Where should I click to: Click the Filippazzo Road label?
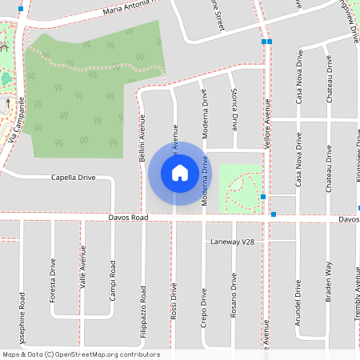coord(143,308)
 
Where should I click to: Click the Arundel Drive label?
coord(298,299)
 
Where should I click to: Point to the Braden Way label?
coord(328,280)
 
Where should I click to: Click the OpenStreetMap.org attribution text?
coord(108,354)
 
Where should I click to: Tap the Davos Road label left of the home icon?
coord(128,218)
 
